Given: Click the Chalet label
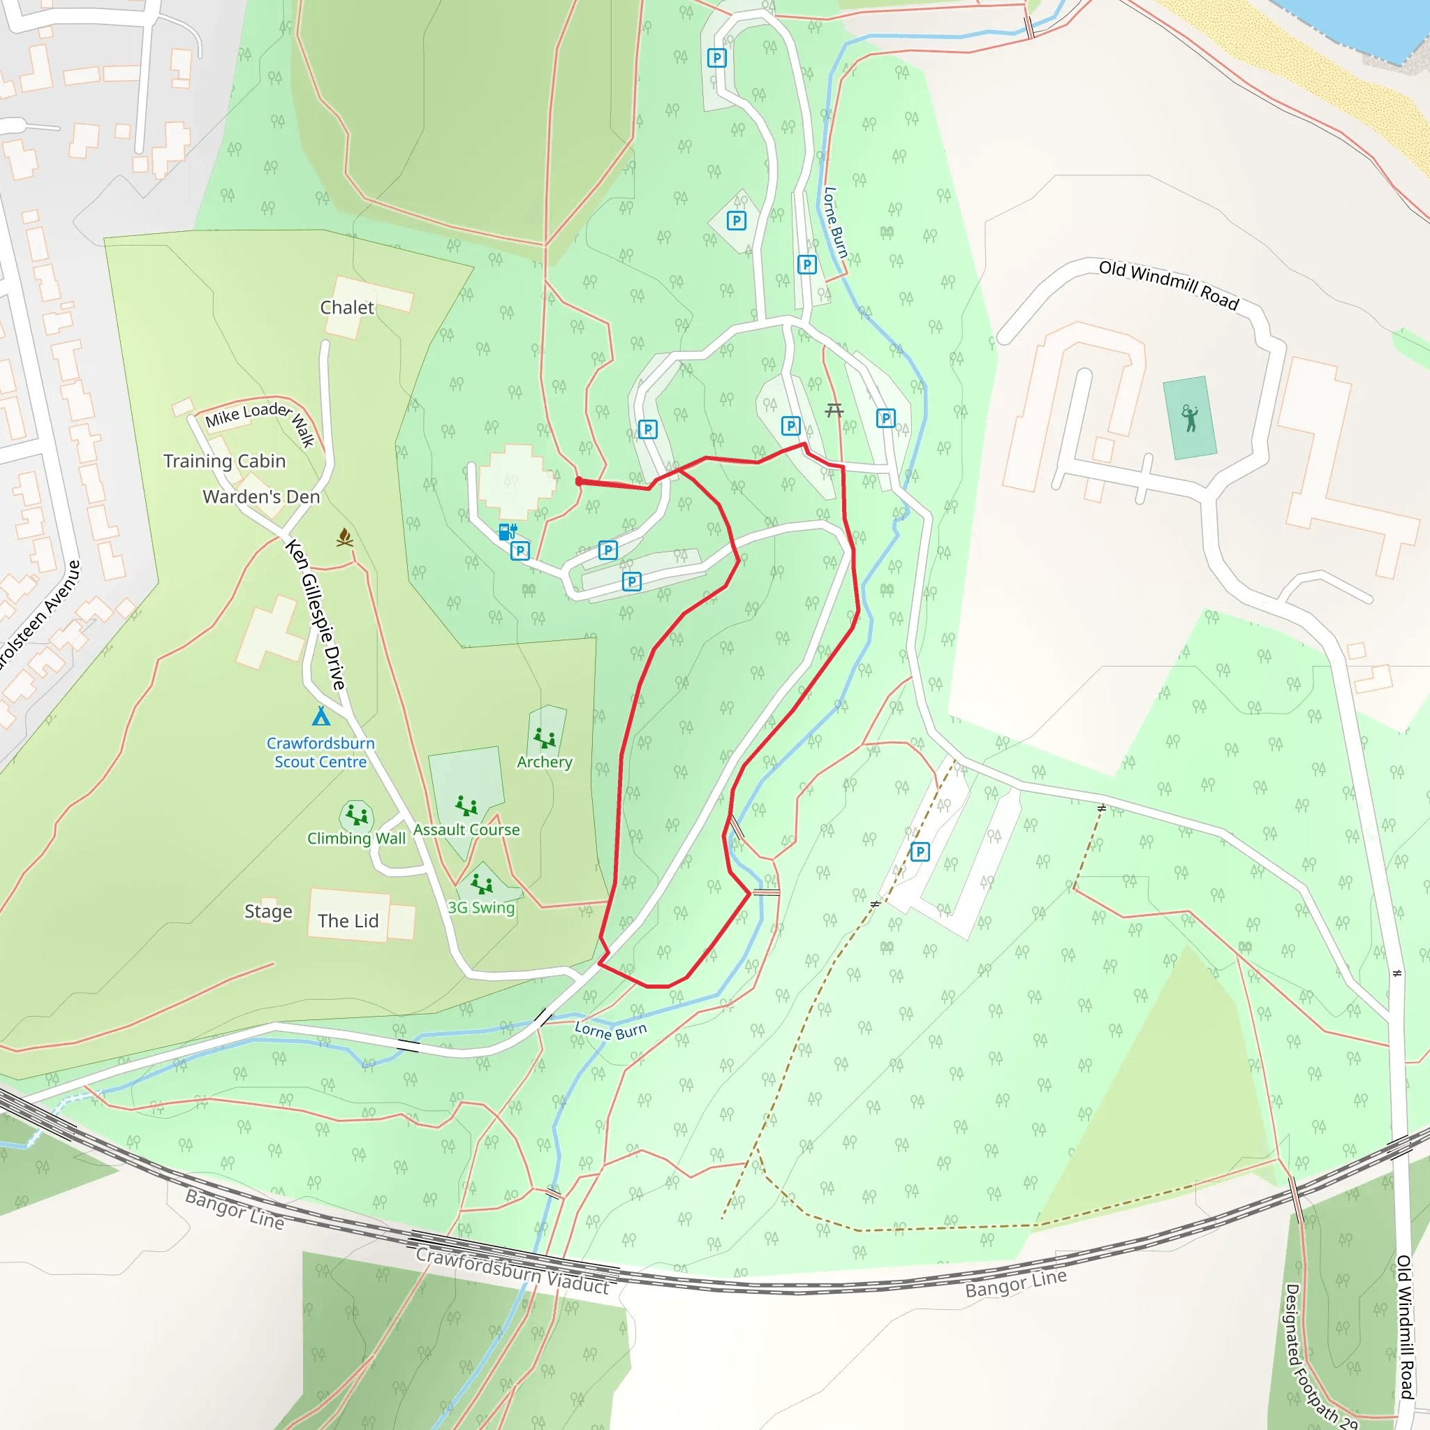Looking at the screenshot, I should [x=347, y=307].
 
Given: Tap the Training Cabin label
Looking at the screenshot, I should [x=224, y=461].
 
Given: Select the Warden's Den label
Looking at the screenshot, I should [x=261, y=496].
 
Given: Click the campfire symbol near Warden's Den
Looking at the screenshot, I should [x=344, y=537].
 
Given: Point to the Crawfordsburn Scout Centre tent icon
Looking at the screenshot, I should [x=320, y=716].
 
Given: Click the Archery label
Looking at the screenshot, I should [x=545, y=762].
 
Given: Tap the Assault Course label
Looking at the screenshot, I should [x=466, y=830].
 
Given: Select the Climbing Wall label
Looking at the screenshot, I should [x=356, y=838].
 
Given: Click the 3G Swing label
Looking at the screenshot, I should [x=481, y=908].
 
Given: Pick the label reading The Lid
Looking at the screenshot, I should [x=348, y=921].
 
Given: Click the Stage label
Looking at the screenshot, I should [x=268, y=911].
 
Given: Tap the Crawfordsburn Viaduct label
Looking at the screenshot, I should [x=513, y=1270].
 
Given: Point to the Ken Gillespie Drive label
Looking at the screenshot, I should [x=316, y=614].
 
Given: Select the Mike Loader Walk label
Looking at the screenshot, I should [x=260, y=421].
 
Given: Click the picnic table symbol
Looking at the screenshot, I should [x=834, y=409].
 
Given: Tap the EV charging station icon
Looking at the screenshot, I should [x=507, y=531].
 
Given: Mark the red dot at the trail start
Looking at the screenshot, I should [x=579, y=481].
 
